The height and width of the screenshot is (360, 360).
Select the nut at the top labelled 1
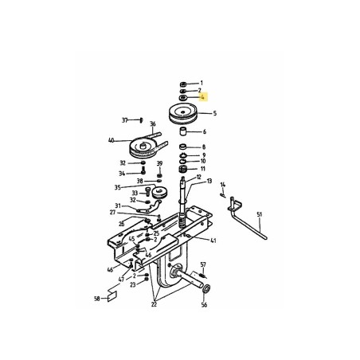pos(182,83)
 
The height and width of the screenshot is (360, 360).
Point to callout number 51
pos(259,214)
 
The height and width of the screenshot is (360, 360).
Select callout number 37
pos(125,119)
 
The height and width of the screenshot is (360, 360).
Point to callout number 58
pos(96,299)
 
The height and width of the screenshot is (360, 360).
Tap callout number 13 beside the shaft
pos(209,181)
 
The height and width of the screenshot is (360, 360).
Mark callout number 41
pos(214,240)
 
